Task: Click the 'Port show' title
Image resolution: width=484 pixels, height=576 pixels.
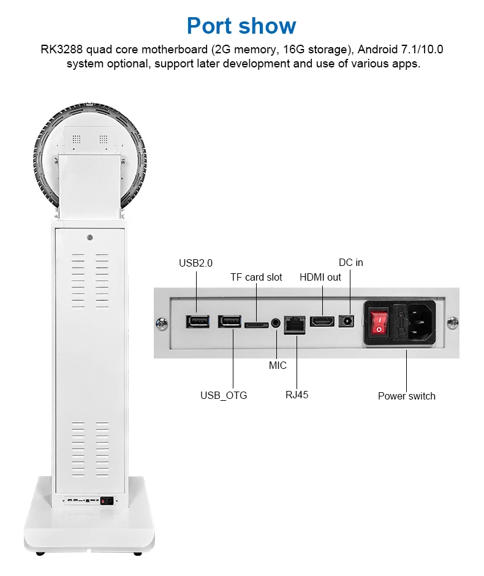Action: pos(241,26)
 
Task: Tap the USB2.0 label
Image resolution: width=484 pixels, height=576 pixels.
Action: pos(195,263)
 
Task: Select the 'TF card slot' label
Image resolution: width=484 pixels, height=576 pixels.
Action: pos(256,277)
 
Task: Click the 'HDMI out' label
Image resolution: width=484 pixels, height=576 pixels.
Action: pos(320,277)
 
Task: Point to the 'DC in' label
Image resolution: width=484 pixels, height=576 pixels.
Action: pos(350,262)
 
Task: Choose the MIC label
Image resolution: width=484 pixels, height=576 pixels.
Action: pos(278,365)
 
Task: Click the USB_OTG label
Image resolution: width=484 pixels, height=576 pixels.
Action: pos(224,395)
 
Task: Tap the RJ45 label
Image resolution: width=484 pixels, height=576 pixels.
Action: pos(297,395)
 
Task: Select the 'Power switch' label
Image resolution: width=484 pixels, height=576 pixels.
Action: pos(406,396)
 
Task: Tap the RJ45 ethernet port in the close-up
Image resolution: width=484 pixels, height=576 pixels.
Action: pos(296,324)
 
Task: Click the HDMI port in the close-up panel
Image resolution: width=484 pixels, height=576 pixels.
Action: pos(322,321)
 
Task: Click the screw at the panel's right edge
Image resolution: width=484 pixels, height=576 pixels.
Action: pos(453,321)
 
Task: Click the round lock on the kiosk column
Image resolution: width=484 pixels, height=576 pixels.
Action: pos(90,237)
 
